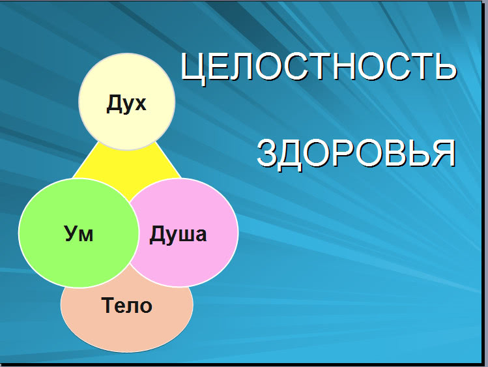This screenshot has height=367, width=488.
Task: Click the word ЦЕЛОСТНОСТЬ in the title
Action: pyautogui.click(x=319, y=67)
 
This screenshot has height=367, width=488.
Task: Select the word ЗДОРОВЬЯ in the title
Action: pyautogui.click(x=356, y=154)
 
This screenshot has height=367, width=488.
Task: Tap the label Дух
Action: pyautogui.click(x=126, y=104)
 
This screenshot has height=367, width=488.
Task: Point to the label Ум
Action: pyautogui.click(x=79, y=233)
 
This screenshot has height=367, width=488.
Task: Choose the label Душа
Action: pyautogui.click(x=178, y=234)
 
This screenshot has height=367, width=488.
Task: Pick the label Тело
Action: pyautogui.click(x=126, y=305)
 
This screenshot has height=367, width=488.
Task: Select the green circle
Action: pyautogui.click(x=78, y=233)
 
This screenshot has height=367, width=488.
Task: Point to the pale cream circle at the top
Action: pyautogui.click(x=127, y=102)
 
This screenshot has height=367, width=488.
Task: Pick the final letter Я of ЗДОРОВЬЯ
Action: pyautogui.click(x=444, y=153)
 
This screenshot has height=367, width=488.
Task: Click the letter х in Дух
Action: pyautogui.click(x=139, y=104)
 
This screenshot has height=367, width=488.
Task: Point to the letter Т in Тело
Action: pyautogui.click(x=108, y=305)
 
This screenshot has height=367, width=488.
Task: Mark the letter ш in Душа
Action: pyautogui.click(x=184, y=235)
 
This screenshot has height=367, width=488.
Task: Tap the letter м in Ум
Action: pyautogui.click(x=86, y=235)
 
